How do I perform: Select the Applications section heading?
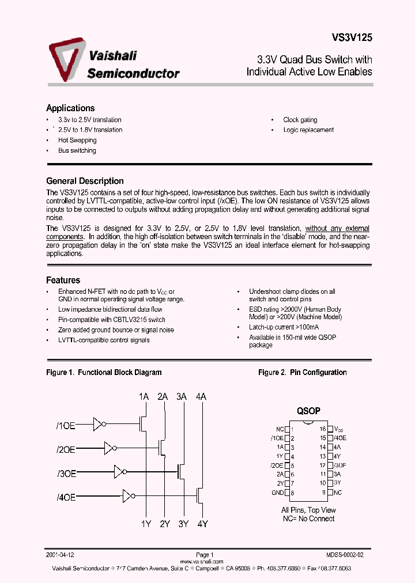[x=70, y=108]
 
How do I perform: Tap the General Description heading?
[x=85, y=181]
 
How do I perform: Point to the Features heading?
[x=63, y=281]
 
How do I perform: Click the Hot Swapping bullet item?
[x=77, y=141]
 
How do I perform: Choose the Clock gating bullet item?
[x=300, y=120]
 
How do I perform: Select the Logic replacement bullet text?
[x=308, y=130]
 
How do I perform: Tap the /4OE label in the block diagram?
[x=66, y=496]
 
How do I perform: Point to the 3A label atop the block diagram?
[x=182, y=396]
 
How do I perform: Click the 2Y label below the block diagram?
[x=165, y=524]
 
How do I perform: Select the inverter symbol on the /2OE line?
[x=111, y=448]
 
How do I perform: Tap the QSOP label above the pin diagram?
[x=308, y=411]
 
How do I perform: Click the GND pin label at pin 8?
[x=277, y=493]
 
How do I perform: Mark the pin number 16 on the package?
[x=323, y=429]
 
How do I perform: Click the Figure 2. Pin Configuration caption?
[x=302, y=373]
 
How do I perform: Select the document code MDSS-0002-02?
[x=345, y=555]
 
